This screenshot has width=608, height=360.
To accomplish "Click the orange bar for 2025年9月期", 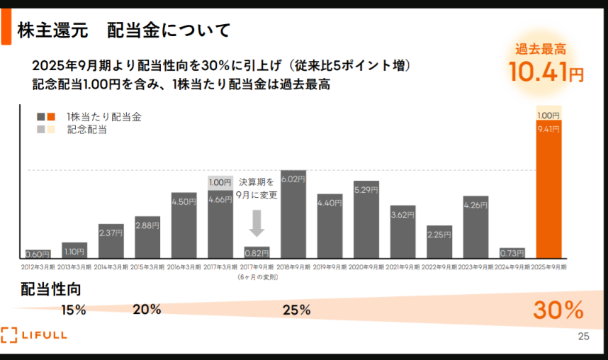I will point(548,191).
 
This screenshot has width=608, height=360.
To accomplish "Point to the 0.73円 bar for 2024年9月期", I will point(512,253).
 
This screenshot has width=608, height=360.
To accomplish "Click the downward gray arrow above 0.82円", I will point(257,224).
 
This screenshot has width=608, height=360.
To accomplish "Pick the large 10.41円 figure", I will point(546,72).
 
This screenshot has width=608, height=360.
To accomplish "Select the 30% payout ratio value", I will point(558,310).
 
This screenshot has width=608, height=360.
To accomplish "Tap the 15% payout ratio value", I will point(74,310).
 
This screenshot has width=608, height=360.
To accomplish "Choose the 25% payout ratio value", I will point(296,310).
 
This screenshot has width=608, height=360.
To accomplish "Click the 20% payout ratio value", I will point(147,309).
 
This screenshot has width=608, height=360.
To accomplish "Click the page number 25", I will point(584,336).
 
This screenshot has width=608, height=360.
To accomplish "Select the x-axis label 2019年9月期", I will point(330,268).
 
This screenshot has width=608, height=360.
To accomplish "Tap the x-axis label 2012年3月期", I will point(38,268).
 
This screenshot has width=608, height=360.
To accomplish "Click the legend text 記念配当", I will point(86,130).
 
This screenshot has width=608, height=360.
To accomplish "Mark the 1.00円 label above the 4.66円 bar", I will point(220,182).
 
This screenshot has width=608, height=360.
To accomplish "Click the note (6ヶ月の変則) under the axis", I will point(257,277).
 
